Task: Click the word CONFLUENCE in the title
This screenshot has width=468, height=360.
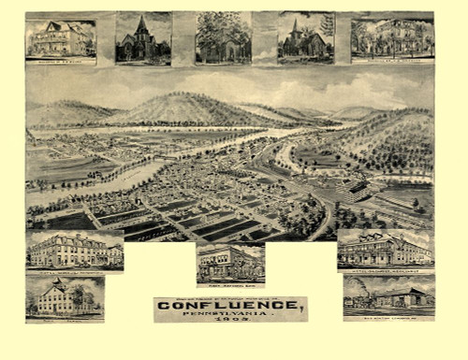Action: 229,307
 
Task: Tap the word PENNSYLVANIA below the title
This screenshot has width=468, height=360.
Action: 229,316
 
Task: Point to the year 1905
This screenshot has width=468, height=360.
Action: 230,324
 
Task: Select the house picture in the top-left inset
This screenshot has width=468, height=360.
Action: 60,39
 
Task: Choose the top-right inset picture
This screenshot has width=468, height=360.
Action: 392,38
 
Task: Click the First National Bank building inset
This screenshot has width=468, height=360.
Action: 229,263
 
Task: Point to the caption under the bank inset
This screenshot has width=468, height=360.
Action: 230,283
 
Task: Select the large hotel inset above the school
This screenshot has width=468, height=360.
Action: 74,250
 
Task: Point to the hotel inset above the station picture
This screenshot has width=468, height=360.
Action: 385,250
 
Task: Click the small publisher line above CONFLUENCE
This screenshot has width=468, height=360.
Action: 229,298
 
